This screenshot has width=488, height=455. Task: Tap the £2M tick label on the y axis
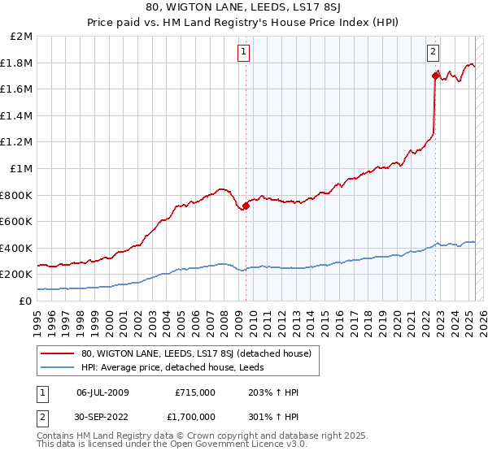click(22, 37)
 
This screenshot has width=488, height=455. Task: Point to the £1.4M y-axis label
click(18, 116)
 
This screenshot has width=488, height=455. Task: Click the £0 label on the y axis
click(27, 301)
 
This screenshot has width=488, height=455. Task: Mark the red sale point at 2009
click(246, 206)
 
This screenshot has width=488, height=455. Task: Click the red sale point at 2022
click(435, 76)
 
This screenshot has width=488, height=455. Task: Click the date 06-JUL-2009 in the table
click(102, 392)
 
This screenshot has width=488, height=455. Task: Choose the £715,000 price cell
click(196, 392)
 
